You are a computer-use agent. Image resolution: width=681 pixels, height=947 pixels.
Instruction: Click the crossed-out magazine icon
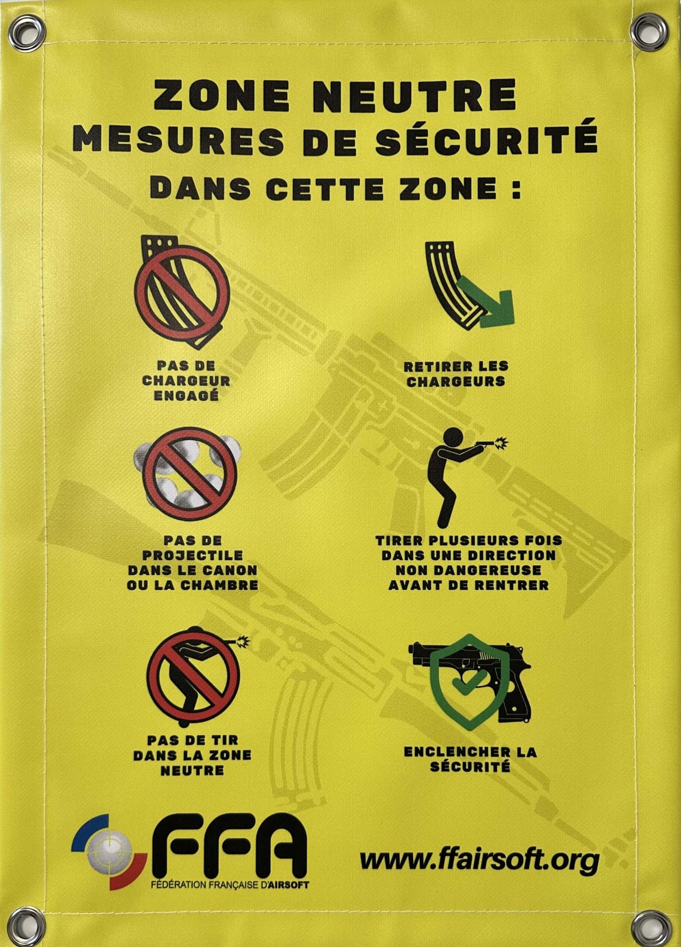[x=183, y=292]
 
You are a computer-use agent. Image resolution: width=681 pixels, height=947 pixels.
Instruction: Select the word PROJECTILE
[x=192, y=555]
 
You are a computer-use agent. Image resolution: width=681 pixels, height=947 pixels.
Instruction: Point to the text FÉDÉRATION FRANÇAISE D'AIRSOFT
[x=229, y=885]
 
